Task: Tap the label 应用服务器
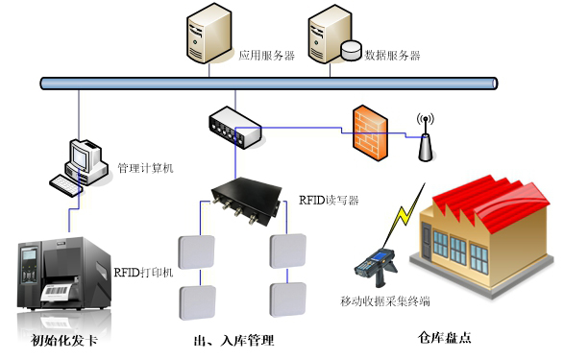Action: click(x=267, y=56)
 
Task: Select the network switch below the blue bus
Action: click(x=233, y=127)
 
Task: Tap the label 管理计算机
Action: click(x=145, y=169)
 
